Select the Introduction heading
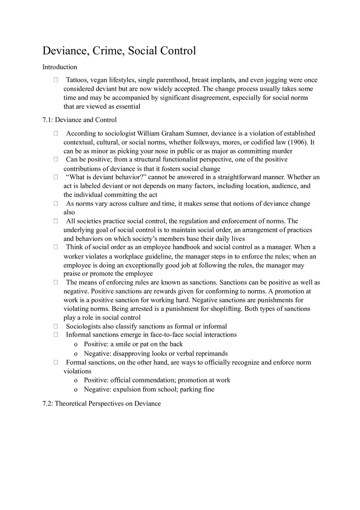pos(60,67)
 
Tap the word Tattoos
pos(77,80)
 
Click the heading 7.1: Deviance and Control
pos(79,120)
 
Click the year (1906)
pos(297,142)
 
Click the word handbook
pos(186,247)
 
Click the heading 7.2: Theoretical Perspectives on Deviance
pos(101,404)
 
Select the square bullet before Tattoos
pos(56,80)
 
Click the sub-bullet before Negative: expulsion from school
pos(76,390)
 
